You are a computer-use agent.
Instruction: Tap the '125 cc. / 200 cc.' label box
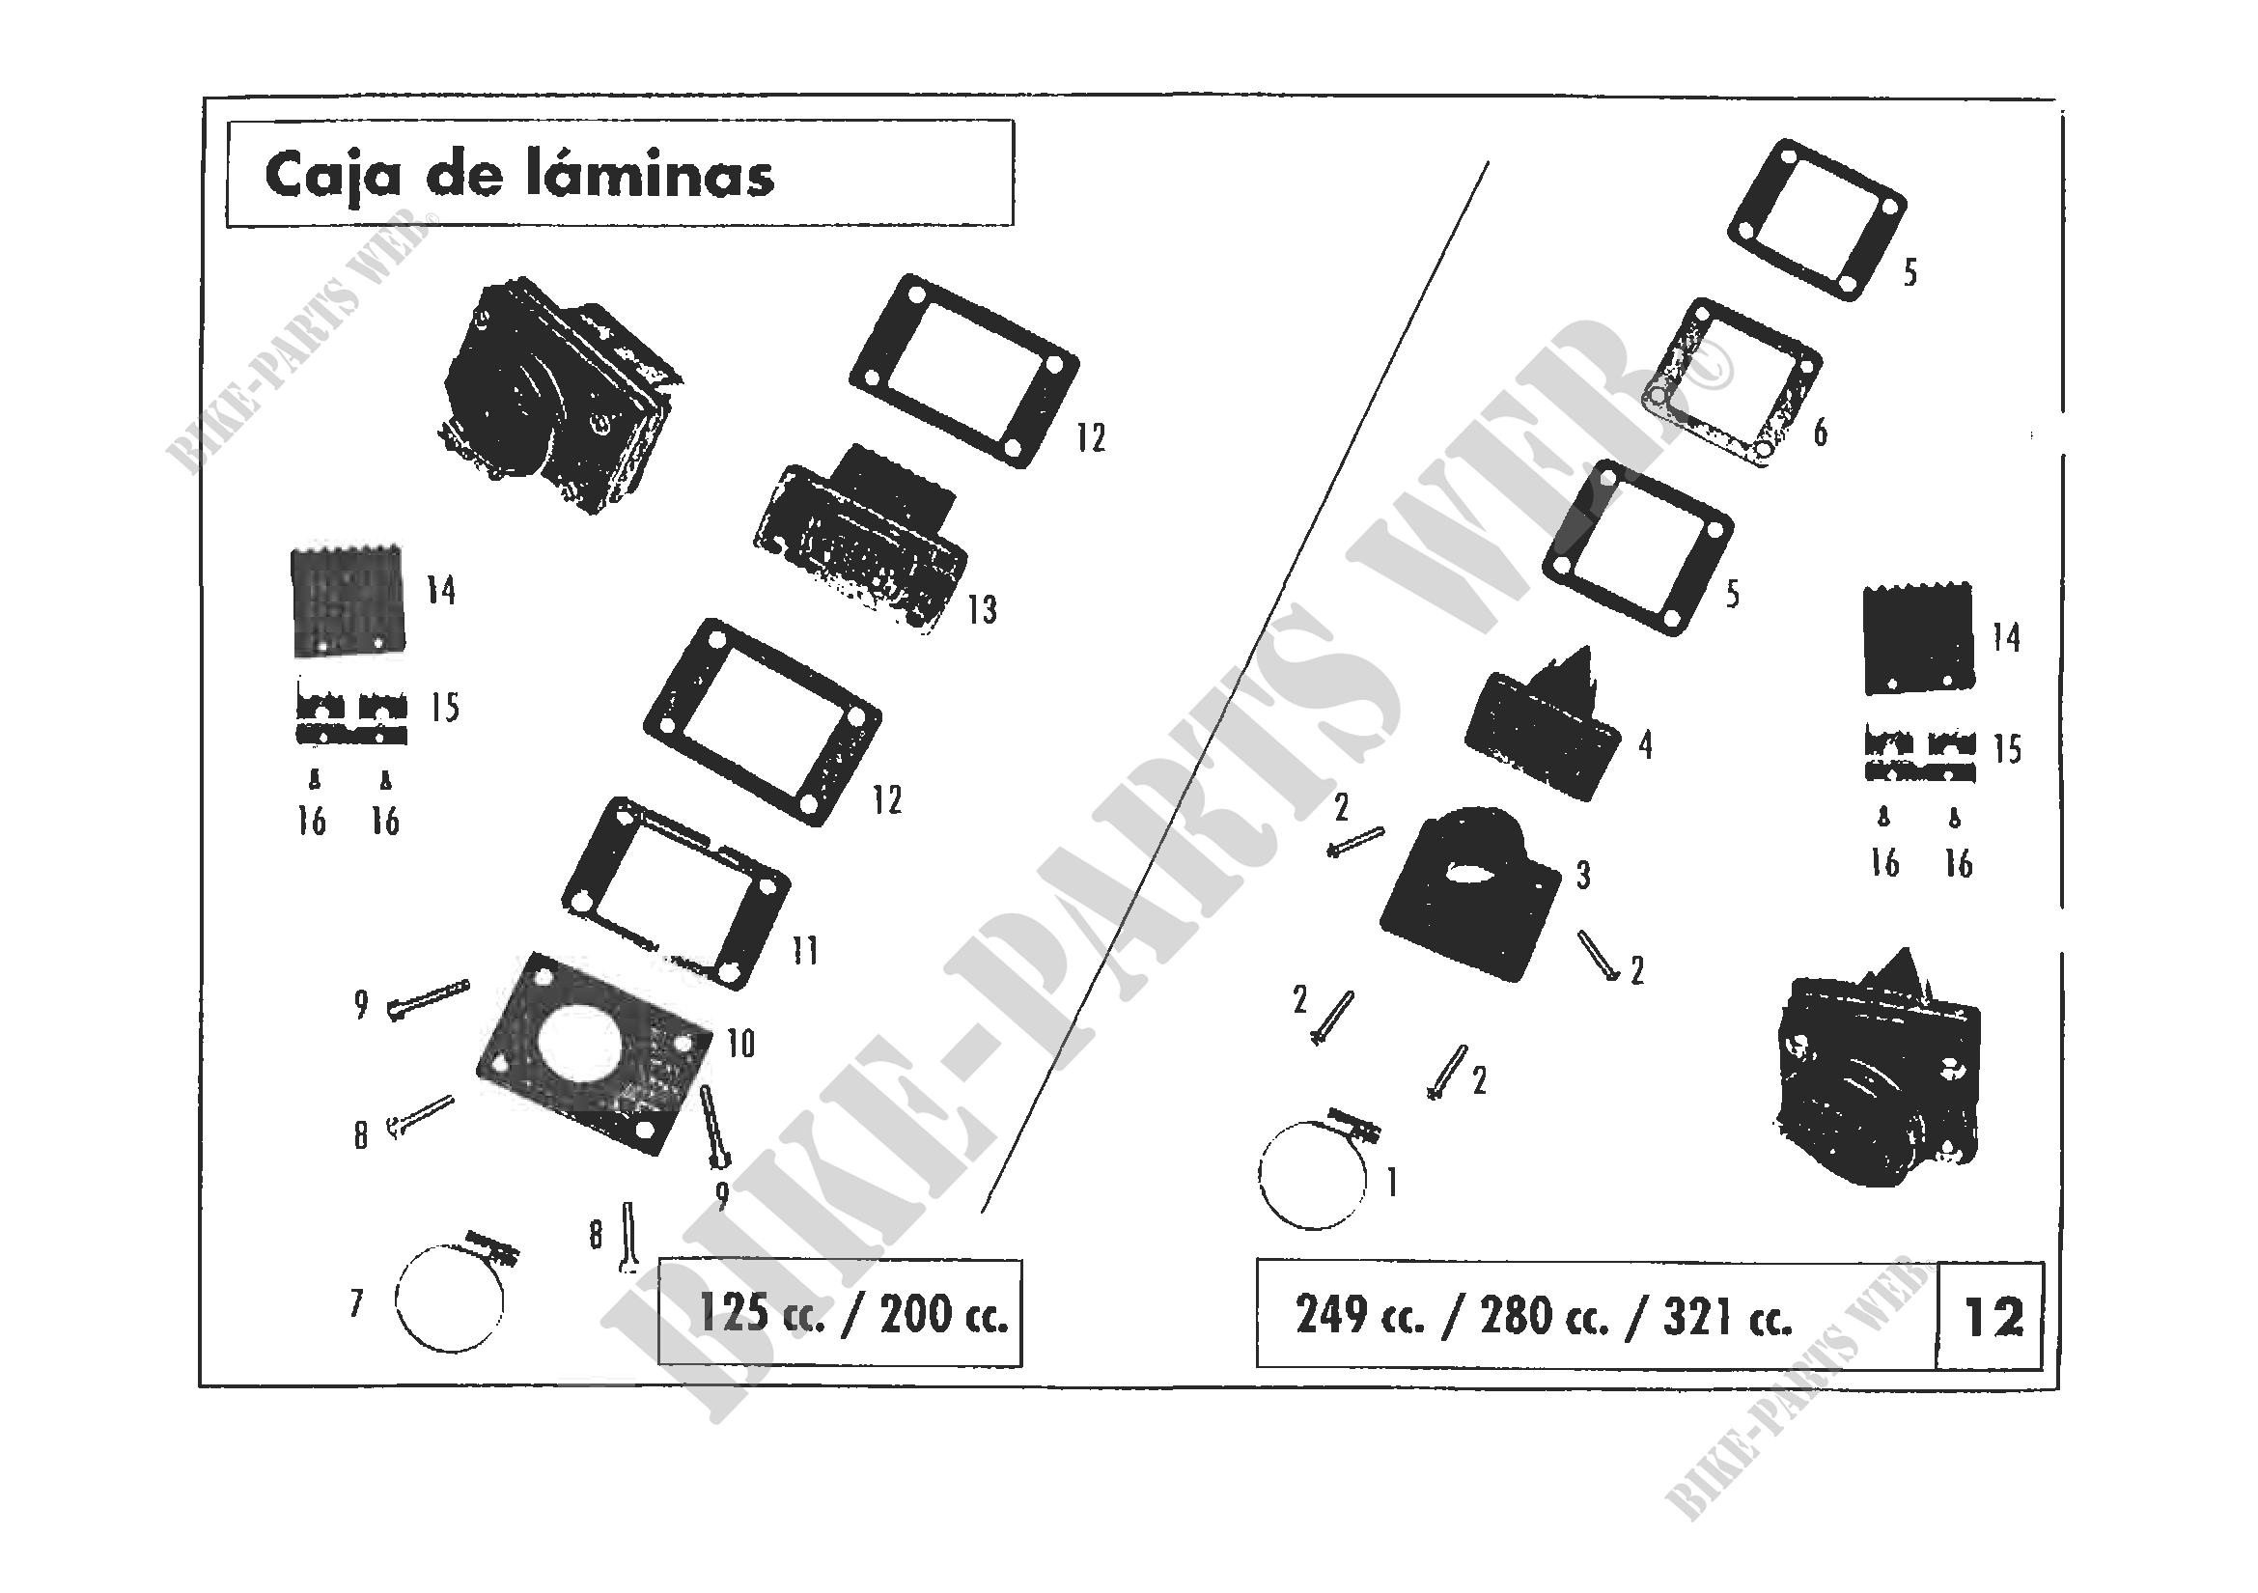pos(841,1314)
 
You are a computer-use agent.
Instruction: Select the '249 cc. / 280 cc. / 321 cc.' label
pos(1544,1316)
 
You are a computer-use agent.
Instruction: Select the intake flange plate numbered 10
pos(592,1054)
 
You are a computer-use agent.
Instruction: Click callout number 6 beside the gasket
pos(1821,433)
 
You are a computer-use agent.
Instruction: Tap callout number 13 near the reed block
pos(982,610)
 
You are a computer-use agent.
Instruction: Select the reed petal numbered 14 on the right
pos(1918,639)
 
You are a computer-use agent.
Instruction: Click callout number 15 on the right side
pos(2007,750)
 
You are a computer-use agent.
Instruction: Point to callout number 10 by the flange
pos(740,1044)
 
